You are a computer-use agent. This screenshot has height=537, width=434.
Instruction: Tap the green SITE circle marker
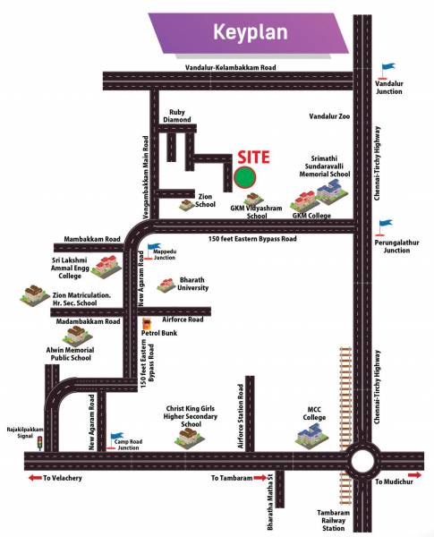click(x=245, y=176)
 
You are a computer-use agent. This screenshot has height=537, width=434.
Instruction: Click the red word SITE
click(x=248, y=156)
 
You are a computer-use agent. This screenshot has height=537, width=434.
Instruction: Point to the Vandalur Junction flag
click(x=386, y=66)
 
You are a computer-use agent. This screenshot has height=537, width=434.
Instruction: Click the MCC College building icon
click(x=312, y=434)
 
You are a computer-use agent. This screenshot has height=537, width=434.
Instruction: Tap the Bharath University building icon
click(x=166, y=285)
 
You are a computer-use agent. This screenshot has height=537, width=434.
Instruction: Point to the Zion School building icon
click(x=186, y=205)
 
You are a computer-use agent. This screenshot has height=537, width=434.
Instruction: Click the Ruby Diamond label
click(x=178, y=115)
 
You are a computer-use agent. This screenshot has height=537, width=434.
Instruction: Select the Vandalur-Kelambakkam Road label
click(x=230, y=68)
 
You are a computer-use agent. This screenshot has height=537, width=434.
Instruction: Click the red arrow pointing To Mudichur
click(x=413, y=475)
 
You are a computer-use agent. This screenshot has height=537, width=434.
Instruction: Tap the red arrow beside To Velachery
click(x=35, y=478)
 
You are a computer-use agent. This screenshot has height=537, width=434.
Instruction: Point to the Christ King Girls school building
click(x=188, y=436)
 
